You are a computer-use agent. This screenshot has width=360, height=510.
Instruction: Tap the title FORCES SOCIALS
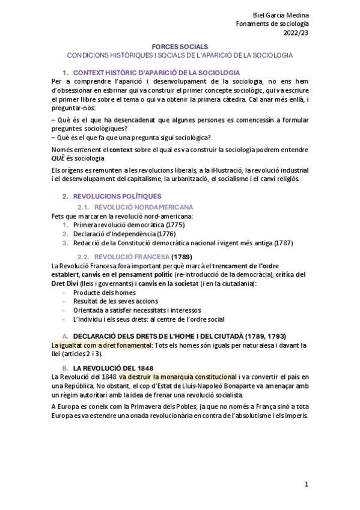click(x=180, y=46)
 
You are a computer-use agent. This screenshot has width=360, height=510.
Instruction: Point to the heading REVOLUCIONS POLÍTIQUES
click(x=117, y=196)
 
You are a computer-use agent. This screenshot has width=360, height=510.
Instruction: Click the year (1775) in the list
click(x=175, y=225)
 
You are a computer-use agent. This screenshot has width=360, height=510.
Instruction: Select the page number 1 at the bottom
click(x=306, y=484)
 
